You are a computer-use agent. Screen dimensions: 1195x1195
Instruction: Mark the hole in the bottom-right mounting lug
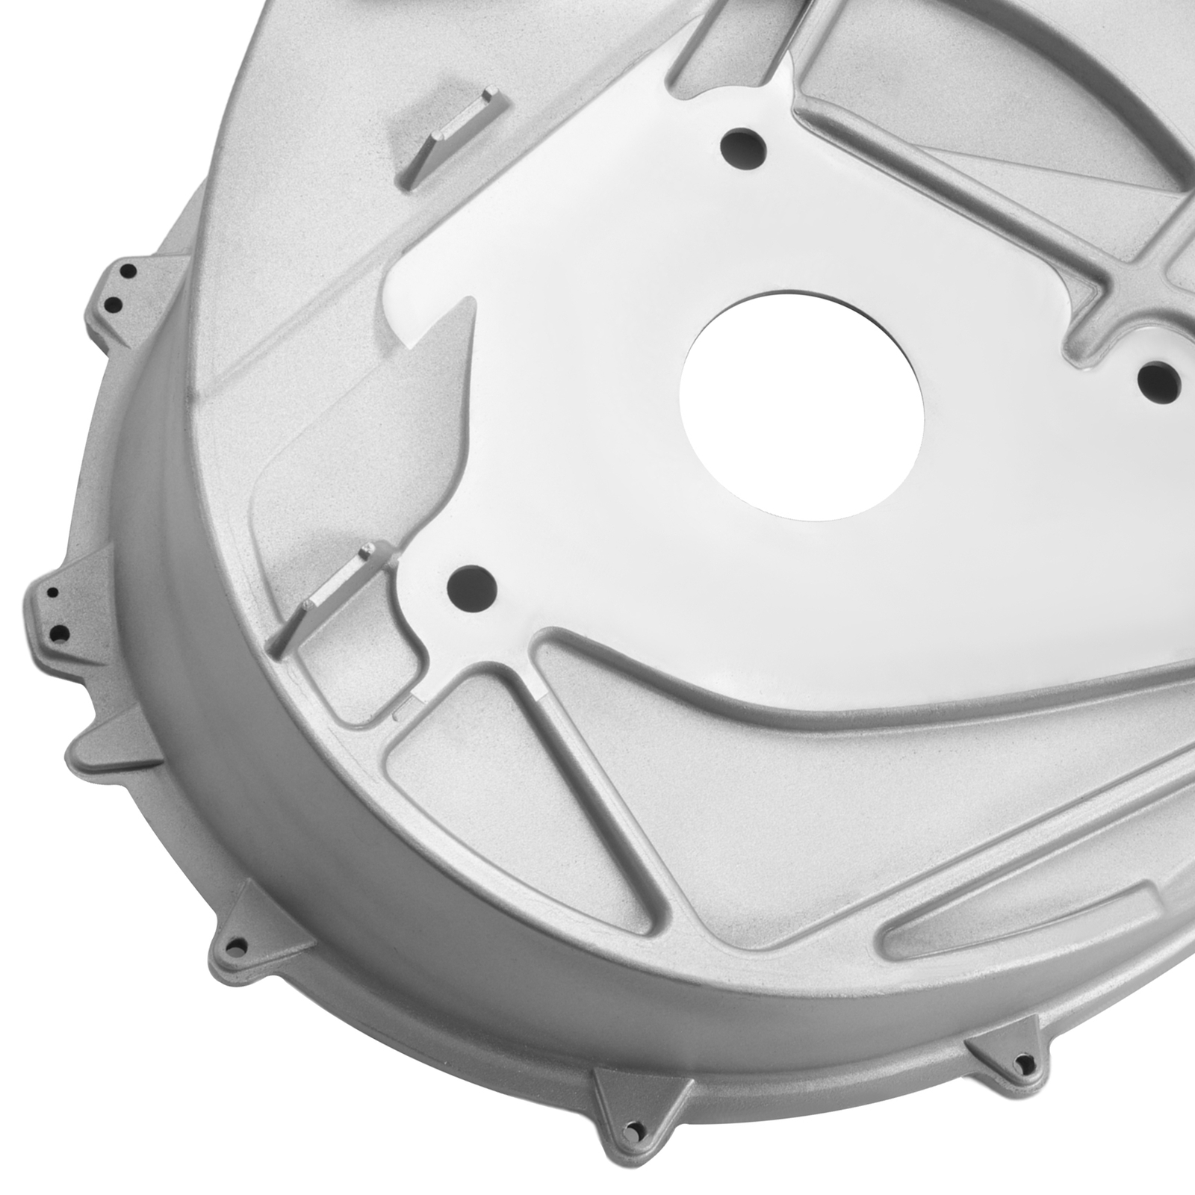tap(1022, 1061)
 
